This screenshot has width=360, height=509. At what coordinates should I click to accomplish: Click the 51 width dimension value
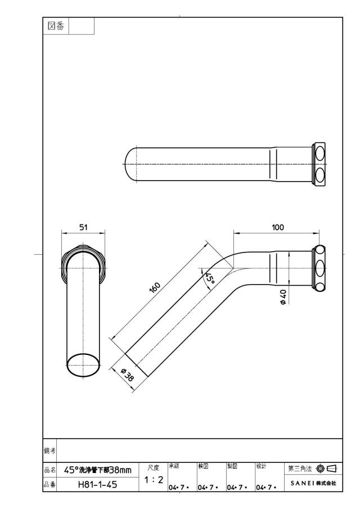click(x=83, y=227)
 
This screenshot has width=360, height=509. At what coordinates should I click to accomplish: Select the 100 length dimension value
click(x=277, y=227)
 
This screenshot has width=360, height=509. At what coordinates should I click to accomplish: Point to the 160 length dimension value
click(x=155, y=287)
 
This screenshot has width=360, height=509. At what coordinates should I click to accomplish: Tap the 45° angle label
click(x=209, y=278)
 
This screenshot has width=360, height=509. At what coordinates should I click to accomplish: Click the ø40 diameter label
click(x=283, y=297)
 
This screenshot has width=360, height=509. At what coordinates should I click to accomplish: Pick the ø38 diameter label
click(x=127, y=375)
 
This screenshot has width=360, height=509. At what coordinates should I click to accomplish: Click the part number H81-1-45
click(x=98, y=485)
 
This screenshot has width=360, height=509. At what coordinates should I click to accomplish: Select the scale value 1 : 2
click(x=154, y=479)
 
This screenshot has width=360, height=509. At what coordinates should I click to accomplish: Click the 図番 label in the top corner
click(x=56, y=26)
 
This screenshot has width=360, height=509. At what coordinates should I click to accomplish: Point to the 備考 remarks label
click(x=49, y=451)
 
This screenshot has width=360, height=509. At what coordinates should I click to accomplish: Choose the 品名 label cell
click(x=49, y=470)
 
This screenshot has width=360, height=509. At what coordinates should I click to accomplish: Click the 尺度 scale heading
click(x=154, y=468)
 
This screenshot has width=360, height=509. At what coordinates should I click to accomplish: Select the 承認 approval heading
click(x=174, y=466)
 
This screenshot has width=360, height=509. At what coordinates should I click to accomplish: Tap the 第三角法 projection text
click(x=300, y=469)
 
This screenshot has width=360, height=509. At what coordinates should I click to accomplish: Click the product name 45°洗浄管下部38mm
click(x=98, y=470)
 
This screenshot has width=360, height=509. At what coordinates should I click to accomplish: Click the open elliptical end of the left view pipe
click(x=83, y=365)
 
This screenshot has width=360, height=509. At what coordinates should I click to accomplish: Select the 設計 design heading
click(x=261, y=466)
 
